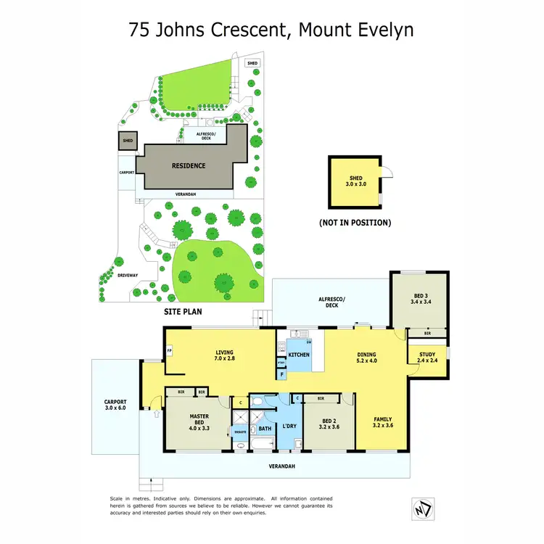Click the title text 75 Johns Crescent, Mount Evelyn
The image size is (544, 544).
point(271,30)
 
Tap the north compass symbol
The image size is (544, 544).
point(421,508)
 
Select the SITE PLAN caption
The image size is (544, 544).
point(182,311)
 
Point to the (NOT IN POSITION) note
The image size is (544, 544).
point(355,223)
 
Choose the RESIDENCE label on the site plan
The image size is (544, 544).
point(188,165)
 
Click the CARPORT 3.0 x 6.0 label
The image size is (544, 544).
point(115,405)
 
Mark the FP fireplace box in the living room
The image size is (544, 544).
point(169,350)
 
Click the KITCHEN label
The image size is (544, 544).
point(299,355)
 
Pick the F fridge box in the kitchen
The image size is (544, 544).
point(281,374)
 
